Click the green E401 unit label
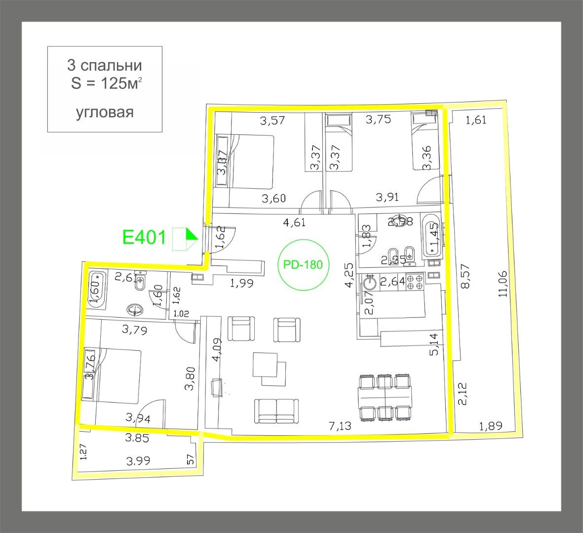tap(144, 237)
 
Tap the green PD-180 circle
tap(303, 265)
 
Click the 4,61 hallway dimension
tap(294, 222)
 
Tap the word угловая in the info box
tap(105, 113)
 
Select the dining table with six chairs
tap(385, 396)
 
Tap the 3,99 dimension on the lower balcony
tap(138, 461)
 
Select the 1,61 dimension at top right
tap(476, 120)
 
